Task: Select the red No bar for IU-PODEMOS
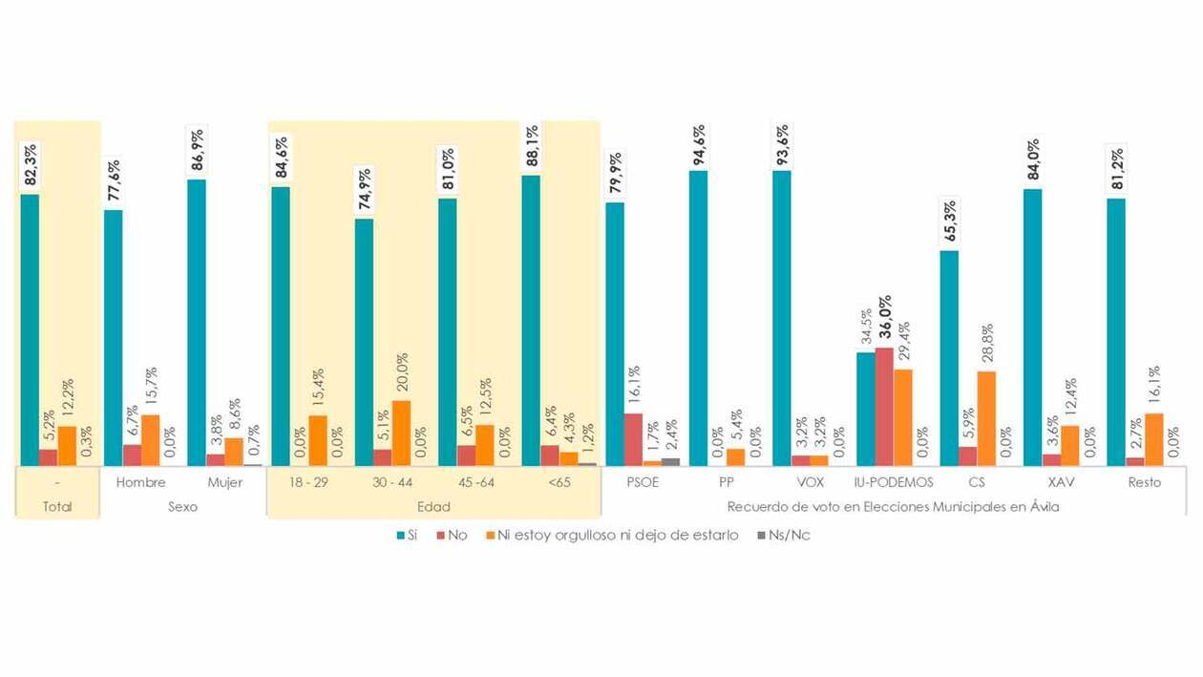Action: click(884, 406)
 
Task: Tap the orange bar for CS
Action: click(986, 417)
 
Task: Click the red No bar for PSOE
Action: click(633, 438)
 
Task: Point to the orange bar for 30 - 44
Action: click(401, 432)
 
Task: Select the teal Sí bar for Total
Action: click(30, 329)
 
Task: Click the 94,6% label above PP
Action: click(698, 144)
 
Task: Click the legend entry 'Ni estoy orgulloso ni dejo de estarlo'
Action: click(612, 536)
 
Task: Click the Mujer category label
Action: click(224, 482)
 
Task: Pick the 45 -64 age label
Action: click(465, 482)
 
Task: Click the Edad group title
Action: click(434, 507)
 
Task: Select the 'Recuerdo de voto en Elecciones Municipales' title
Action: click(893, 507)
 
